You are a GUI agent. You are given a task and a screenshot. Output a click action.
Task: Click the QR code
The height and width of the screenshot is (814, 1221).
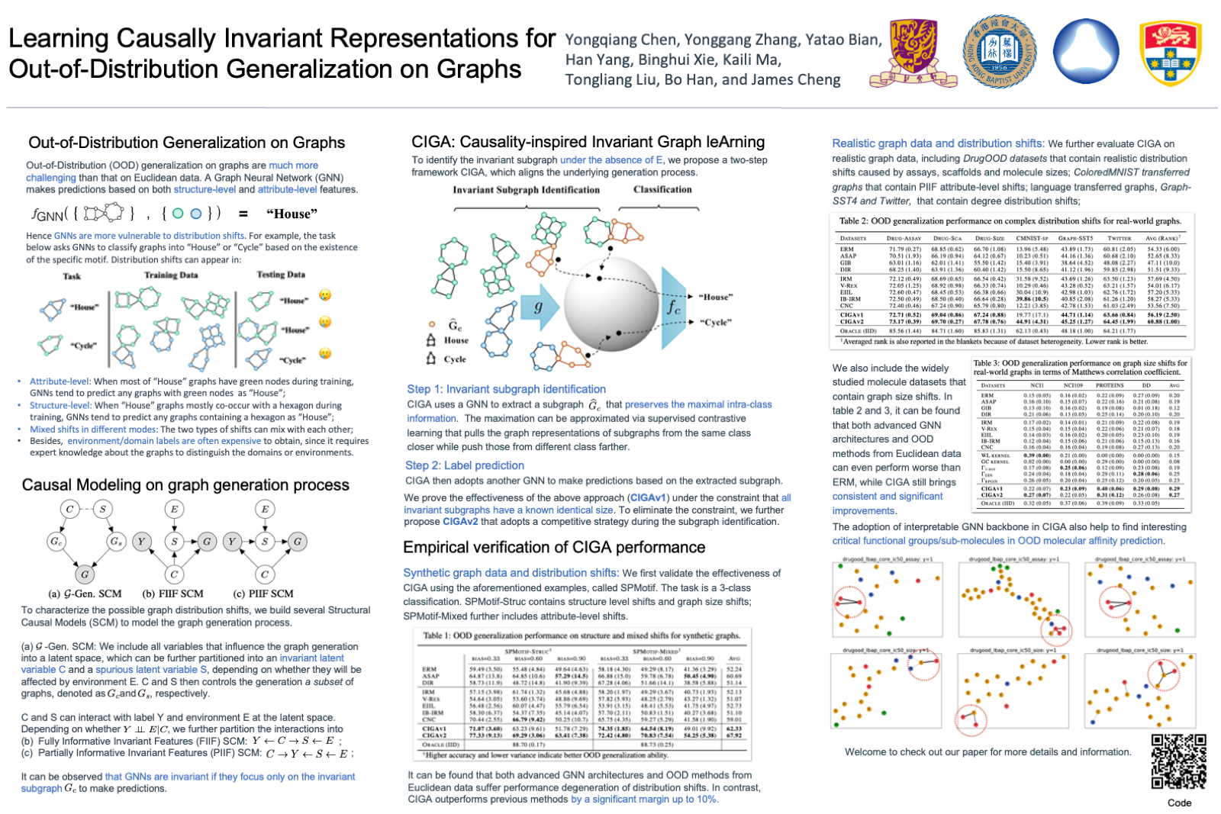[x=1178, y=761]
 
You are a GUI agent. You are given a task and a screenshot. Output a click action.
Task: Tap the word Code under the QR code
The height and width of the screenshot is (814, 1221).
[x=1179, y=803]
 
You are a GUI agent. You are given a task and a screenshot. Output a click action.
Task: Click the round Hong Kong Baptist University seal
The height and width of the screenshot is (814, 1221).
[x=999, y=52]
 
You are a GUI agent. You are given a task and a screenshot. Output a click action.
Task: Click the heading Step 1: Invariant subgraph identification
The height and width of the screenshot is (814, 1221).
[x=506, y=389]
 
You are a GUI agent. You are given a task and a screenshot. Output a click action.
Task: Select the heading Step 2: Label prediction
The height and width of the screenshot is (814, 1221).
[x=465, y=465]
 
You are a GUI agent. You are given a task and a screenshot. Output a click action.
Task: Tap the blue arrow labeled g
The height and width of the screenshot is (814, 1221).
[x=539, y=307]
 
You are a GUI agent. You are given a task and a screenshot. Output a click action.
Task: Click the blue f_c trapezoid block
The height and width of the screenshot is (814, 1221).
[x=673, y=307]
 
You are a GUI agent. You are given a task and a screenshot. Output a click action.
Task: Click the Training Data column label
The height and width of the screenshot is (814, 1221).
[x=171, y=275]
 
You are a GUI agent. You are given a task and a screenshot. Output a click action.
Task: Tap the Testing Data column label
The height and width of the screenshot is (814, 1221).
[x=281, y=275]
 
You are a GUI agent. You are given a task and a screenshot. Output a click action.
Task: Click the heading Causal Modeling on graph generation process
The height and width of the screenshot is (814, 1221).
[x=185, y=485]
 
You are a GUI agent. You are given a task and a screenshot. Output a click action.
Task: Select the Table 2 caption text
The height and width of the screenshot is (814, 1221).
[x=1010, y=221]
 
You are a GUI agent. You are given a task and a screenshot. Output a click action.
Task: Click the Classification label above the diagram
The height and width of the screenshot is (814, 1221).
[x=662, y=189]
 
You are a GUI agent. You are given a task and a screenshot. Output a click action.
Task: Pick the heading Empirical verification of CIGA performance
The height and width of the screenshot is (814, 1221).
[x=554, y=548]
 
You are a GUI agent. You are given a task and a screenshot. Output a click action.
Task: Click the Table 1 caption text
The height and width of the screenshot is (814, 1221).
[x=582, y=635]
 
